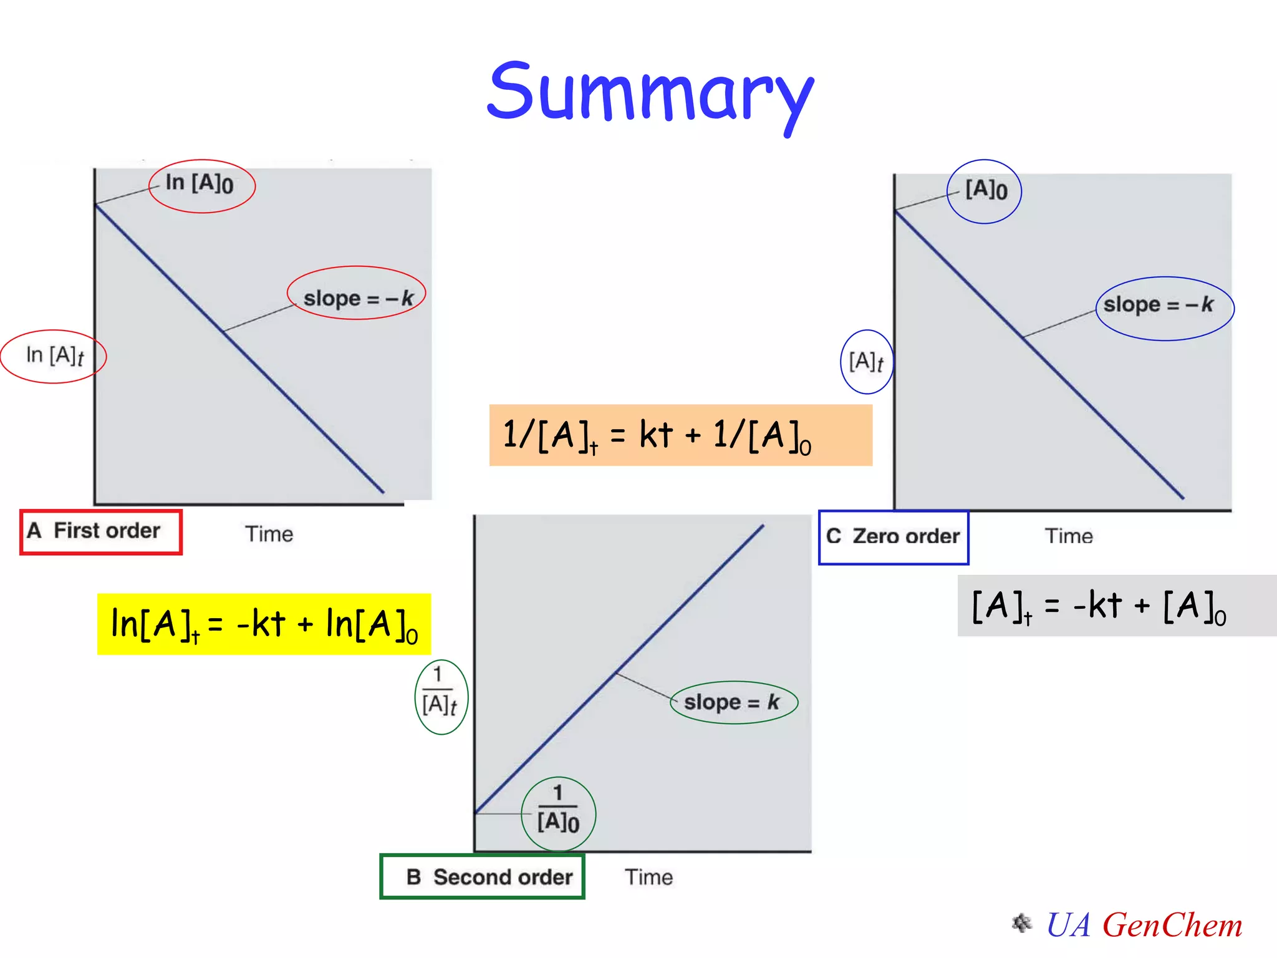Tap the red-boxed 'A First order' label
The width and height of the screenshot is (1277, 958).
point(101,532)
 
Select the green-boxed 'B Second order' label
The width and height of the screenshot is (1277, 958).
point(482,877)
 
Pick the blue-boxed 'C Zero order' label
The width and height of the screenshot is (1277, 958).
point(893,537)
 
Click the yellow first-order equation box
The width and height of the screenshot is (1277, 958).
point(264,624)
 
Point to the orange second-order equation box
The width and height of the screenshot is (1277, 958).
point(680,435)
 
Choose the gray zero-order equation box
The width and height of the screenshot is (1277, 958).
point(1116,606)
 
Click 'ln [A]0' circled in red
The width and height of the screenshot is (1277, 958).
point(201,186)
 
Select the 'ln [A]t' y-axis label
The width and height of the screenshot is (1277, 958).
point(54,356)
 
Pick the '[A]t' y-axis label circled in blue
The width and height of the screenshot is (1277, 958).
point(867,362)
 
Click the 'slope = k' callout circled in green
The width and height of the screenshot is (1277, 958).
point(733,702)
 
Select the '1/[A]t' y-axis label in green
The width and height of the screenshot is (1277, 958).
point(440,697)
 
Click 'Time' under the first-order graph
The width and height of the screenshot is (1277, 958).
point(269,535)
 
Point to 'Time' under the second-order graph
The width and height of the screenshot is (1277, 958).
point(648,878)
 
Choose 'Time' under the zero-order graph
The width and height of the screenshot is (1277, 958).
point(1068,536)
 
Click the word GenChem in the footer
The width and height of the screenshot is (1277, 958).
point(1172,925)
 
